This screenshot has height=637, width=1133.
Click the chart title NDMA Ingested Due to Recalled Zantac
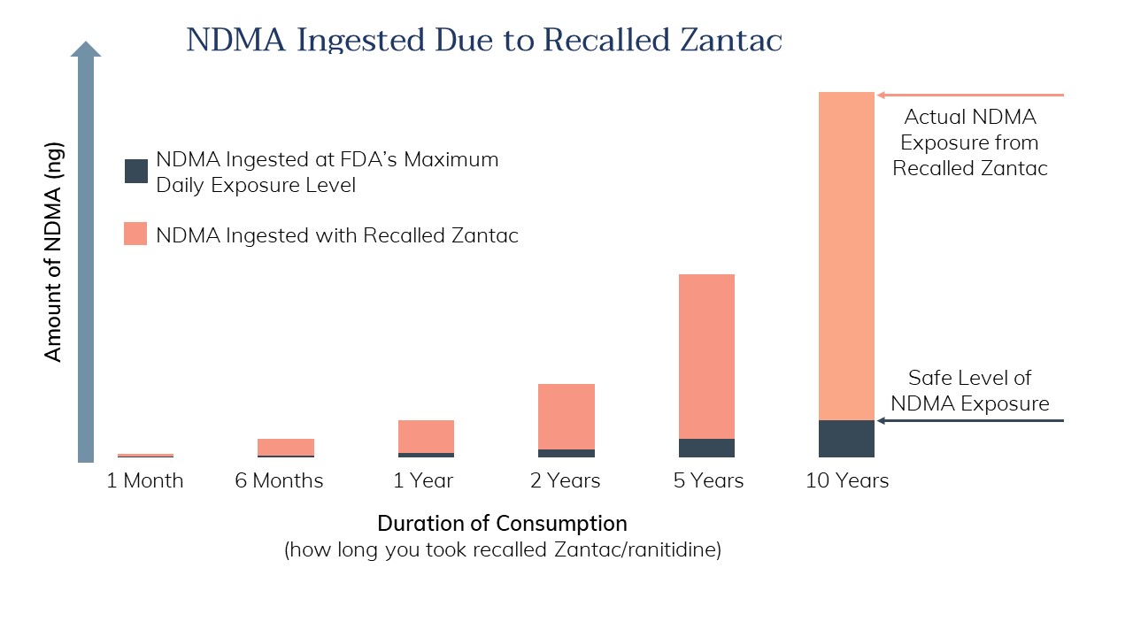click(484, 41)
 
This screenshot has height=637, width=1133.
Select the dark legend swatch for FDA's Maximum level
click(135, 171)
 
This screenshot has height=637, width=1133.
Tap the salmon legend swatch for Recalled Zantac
click(135, 234)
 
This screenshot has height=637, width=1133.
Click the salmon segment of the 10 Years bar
click(846, 257)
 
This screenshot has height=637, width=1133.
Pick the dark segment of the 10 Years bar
click(846, 439)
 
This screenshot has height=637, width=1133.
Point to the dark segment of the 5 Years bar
click(706, 449)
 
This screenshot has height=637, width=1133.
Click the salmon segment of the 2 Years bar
click(566, 417)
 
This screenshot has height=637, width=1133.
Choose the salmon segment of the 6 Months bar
click(285, 447)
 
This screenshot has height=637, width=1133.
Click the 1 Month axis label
click(145, 481)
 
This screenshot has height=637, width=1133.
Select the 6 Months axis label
click(279, 481)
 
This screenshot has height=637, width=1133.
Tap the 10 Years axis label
click(847, 481)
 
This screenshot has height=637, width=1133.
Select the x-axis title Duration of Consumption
click(502, 523)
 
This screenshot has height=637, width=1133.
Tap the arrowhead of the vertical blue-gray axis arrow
click(86, 49)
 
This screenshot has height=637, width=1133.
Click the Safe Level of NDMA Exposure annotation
click(969, 391)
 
